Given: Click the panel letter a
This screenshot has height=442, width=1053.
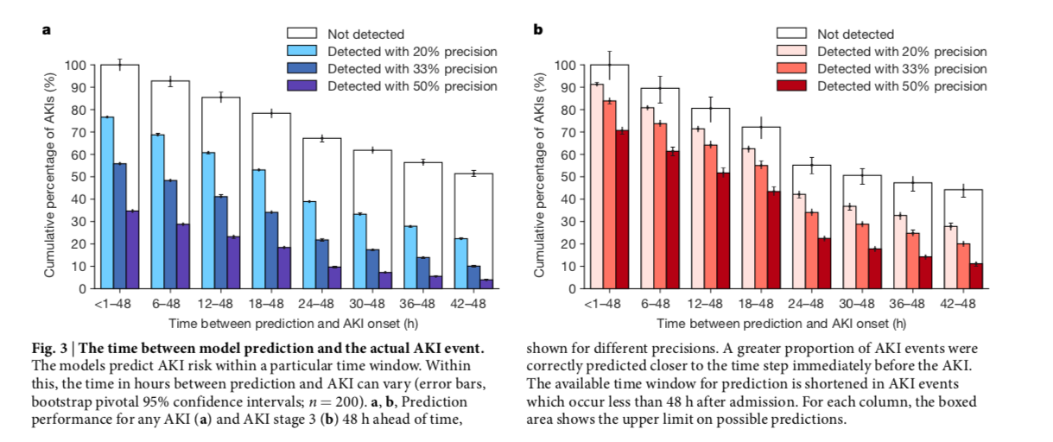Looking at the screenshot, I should [x=47, y=30].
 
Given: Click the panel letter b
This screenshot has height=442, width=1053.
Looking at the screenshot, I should [x=537, y=30].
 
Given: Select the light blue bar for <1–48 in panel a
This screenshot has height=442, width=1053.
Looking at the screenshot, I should [x=107, y=202].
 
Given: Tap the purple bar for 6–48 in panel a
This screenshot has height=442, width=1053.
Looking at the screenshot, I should [x=183, y=256].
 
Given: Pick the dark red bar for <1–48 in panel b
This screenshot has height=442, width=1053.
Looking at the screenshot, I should [x=622, y=209].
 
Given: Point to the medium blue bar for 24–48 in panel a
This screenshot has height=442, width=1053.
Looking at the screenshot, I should [x=322, y=263].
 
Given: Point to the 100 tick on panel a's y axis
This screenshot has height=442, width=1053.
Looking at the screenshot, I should [x=77, y=66].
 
